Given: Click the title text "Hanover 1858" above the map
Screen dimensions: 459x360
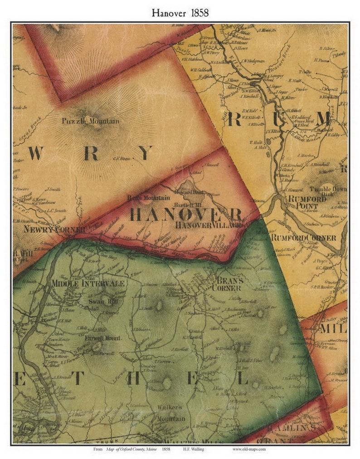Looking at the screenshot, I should [x=180, y=13].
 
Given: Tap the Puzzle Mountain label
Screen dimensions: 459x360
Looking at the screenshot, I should [x=91, y=121].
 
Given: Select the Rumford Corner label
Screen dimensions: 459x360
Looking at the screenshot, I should [x=303, y=238].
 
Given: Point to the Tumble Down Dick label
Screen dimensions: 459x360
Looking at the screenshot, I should [x=328, y=191].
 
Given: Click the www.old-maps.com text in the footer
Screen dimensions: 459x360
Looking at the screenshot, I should [x=249, y=449].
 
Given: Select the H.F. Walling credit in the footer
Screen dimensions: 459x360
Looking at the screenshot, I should [x=194, y=449].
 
